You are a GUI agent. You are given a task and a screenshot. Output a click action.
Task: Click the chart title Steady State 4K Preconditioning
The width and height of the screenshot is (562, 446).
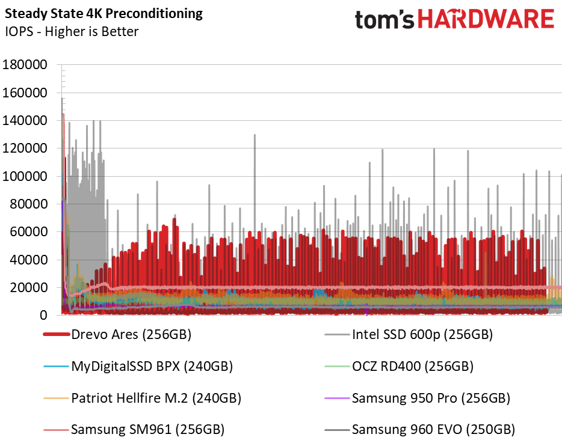tap(103, 14)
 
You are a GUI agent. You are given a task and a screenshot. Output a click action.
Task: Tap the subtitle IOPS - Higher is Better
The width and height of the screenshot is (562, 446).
tap(72, 31)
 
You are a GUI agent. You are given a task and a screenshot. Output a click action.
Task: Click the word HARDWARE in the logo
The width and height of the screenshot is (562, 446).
tap(486, 19)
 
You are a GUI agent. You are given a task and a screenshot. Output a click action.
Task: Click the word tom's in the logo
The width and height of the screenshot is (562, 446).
tap(384, 20)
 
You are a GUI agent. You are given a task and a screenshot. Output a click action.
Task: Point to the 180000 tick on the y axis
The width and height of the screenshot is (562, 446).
tap(25, 65)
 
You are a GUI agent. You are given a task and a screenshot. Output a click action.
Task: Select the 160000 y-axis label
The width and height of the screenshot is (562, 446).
tap(25, 93)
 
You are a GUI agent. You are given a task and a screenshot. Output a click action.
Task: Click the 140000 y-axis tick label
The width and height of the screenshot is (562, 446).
tap(25, 121)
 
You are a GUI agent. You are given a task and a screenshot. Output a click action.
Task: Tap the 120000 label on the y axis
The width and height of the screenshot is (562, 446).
tap(25, 148)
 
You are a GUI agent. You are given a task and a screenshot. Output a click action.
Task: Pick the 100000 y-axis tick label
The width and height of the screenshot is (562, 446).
tap(25, 176)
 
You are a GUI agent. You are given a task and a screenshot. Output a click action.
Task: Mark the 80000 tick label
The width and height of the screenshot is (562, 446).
tap(28, 204)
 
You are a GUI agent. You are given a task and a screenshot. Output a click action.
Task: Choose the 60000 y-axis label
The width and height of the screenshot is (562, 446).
tap(28, 232)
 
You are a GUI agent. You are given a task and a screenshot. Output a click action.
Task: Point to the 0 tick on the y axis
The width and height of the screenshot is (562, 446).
tap(43, 316)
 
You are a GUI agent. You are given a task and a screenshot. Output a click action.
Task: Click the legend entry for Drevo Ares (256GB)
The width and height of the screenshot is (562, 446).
tap(117, 335)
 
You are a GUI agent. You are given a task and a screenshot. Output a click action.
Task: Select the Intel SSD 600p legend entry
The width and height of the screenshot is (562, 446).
tap(409, 335)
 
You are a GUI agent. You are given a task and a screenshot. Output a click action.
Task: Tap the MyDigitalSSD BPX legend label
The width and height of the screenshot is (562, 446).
tap(138, 366)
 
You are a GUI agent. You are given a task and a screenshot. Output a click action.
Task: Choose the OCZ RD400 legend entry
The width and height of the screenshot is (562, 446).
tap(399, 366)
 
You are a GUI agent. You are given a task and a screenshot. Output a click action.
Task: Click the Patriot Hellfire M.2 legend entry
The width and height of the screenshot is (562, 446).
tap(142, 398)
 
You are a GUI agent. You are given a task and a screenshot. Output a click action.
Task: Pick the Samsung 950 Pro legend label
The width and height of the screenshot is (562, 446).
tap(417, 398)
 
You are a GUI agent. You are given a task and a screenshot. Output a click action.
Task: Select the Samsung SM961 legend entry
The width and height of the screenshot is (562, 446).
tap(134, 430)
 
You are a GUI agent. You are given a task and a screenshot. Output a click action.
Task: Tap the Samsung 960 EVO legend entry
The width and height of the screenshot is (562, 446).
tap(420, 430)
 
